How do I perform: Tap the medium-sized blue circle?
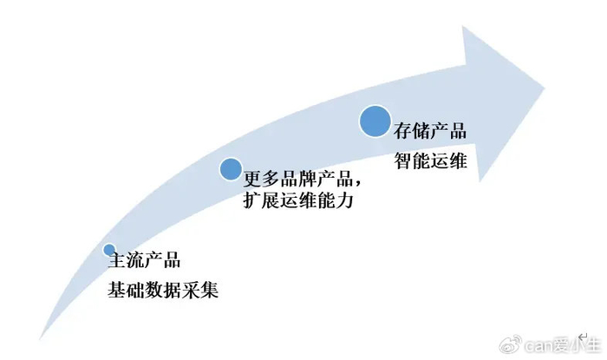(230, 168)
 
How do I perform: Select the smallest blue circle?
(109, 250)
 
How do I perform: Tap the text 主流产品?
(142, 260)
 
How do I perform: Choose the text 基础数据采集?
(161, 290)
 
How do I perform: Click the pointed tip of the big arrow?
(545, 84)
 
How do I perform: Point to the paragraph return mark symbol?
(583, 333)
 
